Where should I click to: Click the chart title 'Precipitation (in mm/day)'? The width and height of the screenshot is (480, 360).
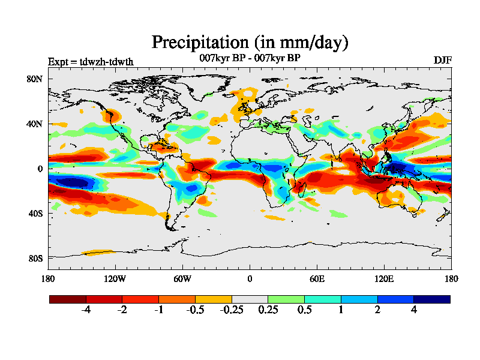point(250,43)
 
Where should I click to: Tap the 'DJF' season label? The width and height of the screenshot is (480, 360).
point(442,61)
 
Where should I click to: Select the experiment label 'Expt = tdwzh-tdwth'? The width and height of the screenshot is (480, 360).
point(91,61)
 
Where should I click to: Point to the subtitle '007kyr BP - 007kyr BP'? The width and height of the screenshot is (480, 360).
point(250,58)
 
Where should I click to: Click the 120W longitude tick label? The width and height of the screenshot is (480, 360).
point(115,278)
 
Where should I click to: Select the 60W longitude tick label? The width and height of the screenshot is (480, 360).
point(182,278)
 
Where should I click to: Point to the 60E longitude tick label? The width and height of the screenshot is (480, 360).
point(317,278)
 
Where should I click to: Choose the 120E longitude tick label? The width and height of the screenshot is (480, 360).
point(384,278)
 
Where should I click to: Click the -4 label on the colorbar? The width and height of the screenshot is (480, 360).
point(86,310)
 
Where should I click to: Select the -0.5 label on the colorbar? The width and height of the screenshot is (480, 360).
point(195,310)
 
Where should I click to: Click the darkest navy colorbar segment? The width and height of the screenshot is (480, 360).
point(432,299)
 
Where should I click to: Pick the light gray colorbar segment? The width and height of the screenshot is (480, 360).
point(250,299)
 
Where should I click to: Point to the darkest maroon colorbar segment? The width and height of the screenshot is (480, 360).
point(68,299)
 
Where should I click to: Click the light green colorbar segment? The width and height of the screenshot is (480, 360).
point(286,299)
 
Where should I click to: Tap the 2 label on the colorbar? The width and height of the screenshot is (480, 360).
point(377,310)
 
